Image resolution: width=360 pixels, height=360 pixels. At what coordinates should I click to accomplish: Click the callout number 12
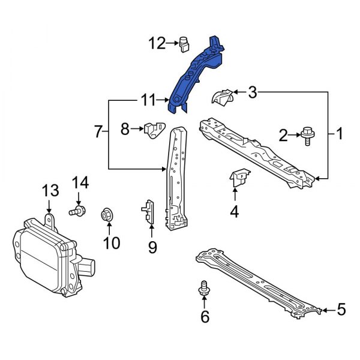pos(157,43)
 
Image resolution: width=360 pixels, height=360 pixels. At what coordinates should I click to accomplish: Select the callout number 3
pos(252,92)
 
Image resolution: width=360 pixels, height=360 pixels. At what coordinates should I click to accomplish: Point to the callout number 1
pos(339,134)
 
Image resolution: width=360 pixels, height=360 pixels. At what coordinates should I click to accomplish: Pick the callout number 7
pos(100,130)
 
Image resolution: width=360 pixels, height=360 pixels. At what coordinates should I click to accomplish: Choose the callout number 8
pos(125,128)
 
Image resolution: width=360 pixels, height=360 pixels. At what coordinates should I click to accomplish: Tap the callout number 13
pos(50,191)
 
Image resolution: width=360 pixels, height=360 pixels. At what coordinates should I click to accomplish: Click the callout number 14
pos(80,182)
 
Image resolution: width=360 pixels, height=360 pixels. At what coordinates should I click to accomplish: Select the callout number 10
pos(112,242)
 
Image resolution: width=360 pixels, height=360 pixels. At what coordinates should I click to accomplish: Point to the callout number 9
pos(152,246)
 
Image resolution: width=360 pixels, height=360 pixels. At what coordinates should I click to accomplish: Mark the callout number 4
pos(235,211)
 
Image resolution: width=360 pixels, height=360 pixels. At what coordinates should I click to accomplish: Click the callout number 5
pos(341,310)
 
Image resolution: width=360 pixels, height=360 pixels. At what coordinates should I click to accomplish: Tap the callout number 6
pos(205,316)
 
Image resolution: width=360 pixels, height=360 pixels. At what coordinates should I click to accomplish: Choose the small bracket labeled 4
pos(239,178)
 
